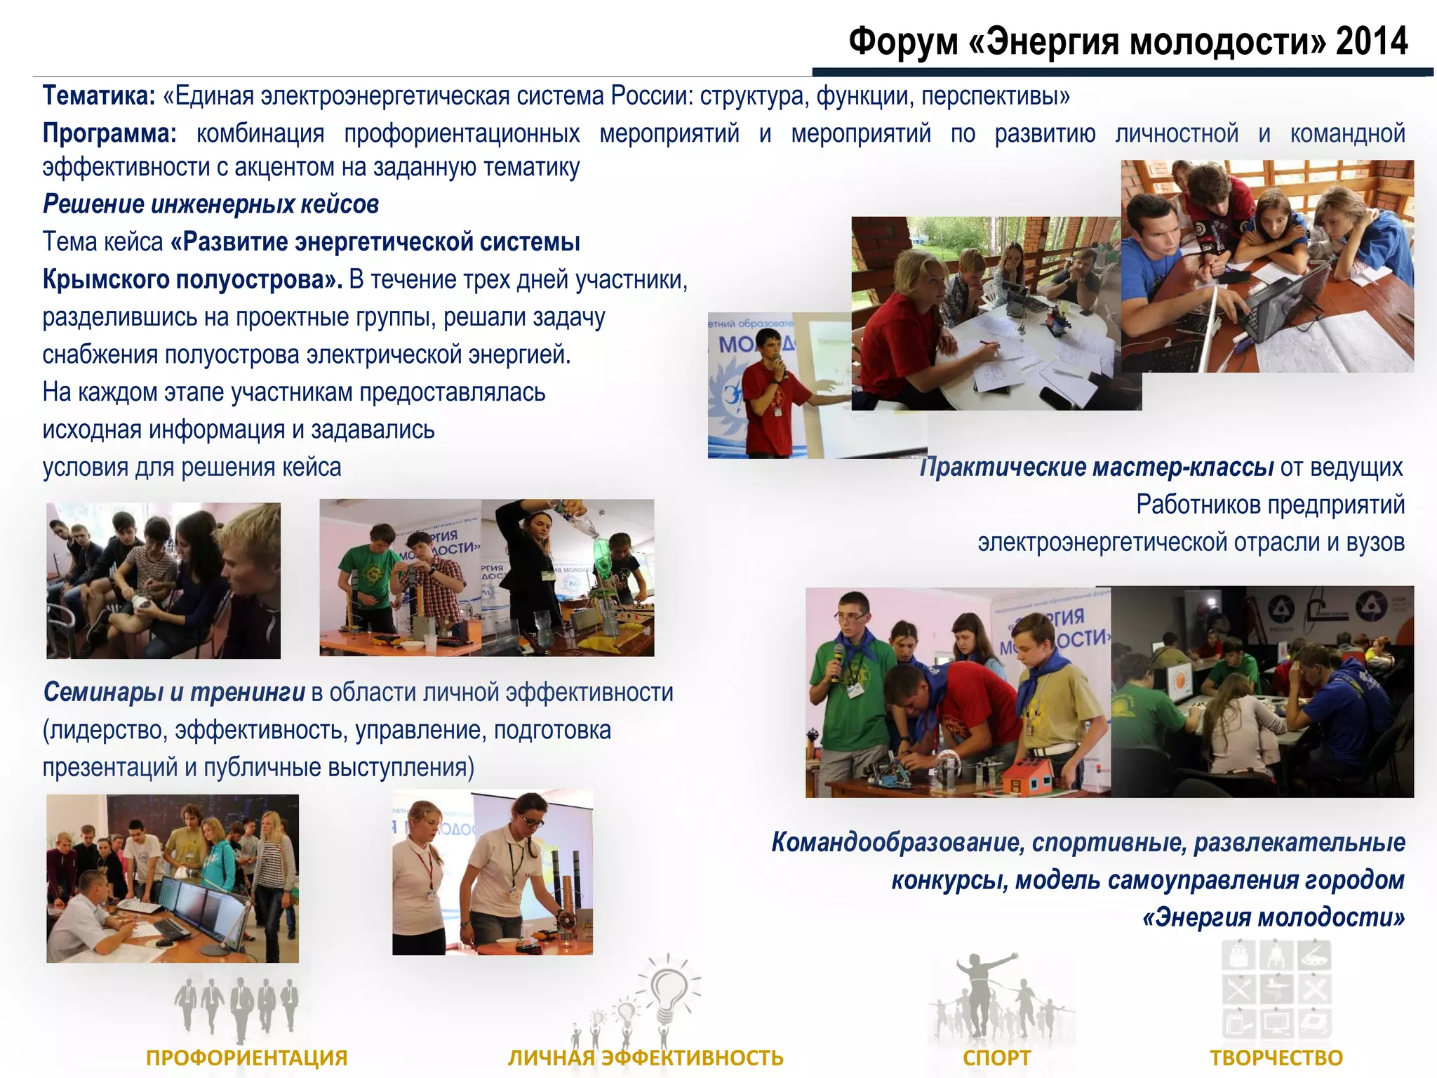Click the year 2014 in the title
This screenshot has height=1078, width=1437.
coord(1371,41)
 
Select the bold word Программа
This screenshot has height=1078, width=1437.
coord(109,133)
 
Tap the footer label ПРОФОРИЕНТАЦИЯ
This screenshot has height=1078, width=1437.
coord(246,1057)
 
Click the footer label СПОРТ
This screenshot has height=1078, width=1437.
coord(996,1057)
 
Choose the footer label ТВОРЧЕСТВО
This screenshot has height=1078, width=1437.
coord(1276,1057)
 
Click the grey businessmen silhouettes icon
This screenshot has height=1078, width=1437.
coord(237,1004)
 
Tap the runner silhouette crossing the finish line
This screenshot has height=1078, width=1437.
coord(982,990)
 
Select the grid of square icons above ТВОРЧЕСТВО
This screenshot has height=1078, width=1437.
coord(1276,990)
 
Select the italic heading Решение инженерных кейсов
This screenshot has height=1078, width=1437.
coord(210,204)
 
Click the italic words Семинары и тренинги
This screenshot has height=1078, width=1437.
coord(174,693)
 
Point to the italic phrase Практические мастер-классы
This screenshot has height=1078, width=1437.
coord(1097,467)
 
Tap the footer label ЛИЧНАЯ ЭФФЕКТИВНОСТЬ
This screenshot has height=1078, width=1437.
coord(646,1057)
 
